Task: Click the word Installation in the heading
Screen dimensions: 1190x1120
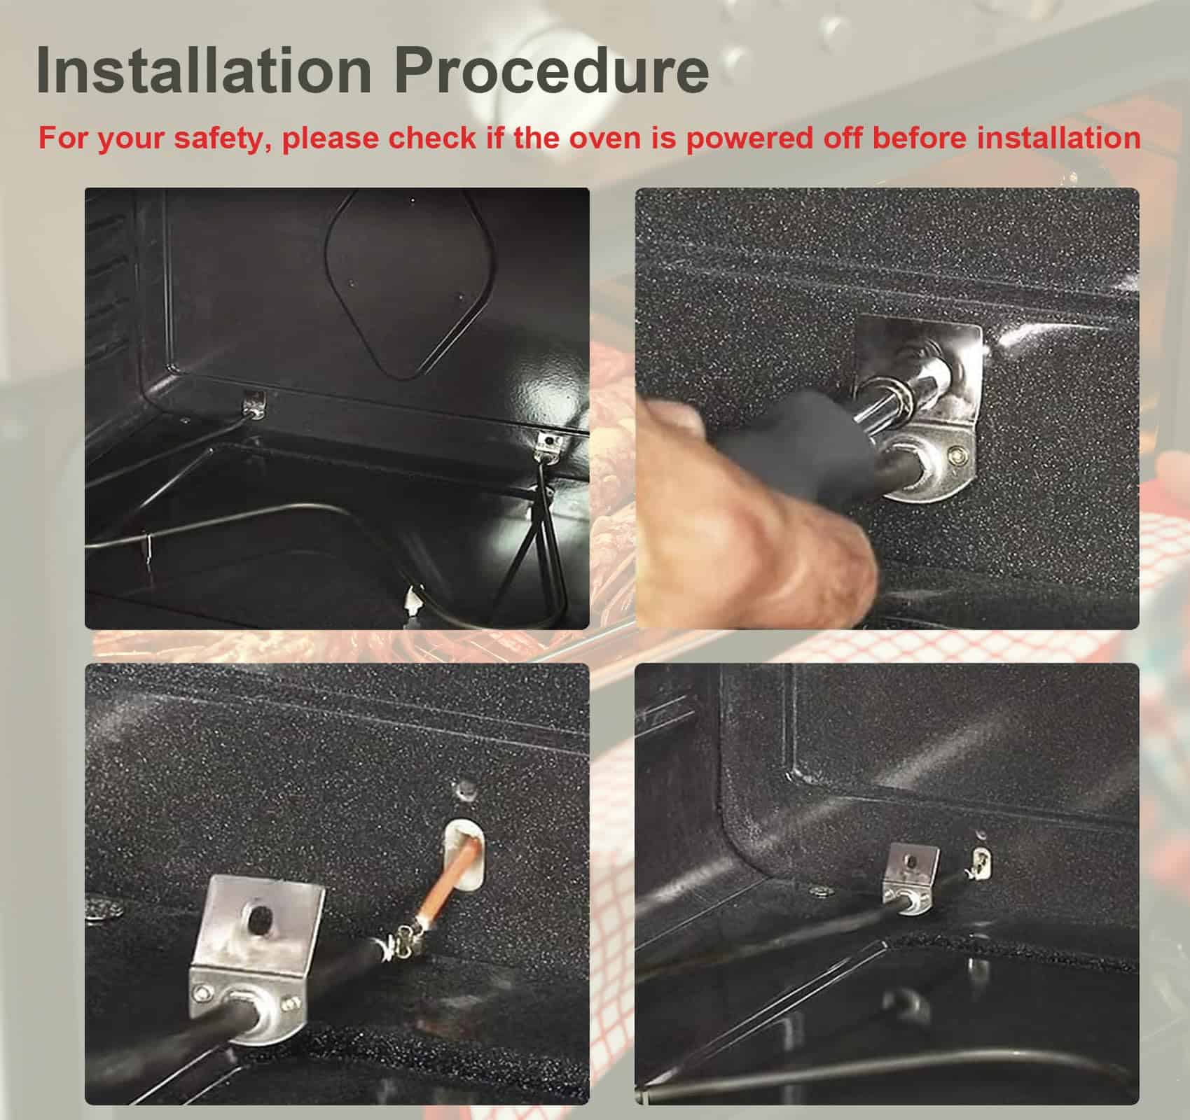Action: pos(204,70)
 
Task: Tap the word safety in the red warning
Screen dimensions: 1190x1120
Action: pos(223,138)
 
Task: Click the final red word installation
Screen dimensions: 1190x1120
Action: pos(1058,137)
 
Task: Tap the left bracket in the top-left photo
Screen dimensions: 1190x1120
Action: pos(254,404)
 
